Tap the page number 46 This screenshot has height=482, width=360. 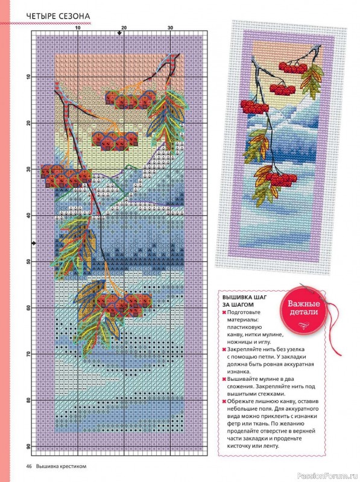28,466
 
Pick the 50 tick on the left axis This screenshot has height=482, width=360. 28,261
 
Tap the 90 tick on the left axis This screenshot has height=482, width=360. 28,446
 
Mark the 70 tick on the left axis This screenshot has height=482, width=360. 28,354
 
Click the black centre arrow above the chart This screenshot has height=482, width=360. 119,32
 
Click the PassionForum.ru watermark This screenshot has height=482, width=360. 330,466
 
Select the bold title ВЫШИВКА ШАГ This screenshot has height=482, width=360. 245,297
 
